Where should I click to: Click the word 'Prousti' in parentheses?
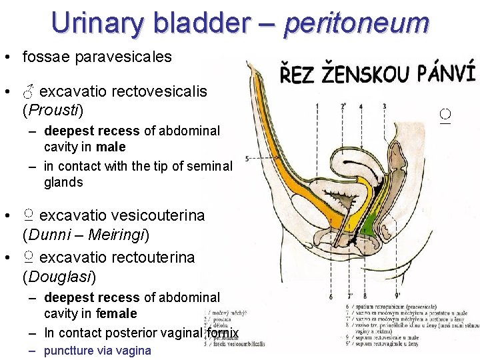click(x=53, y=109)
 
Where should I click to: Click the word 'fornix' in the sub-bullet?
click(x=222, y=332)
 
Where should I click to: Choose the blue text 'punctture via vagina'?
click(x=97, y=351)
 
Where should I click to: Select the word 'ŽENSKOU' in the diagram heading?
click(x=367, y=71)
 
